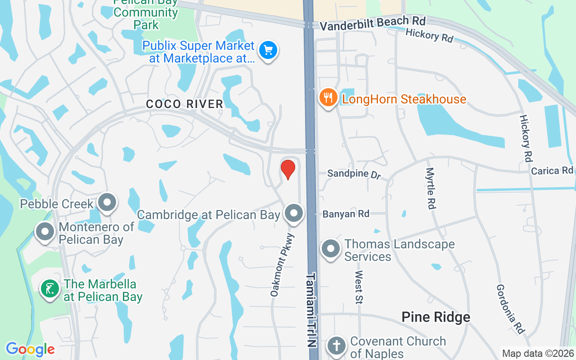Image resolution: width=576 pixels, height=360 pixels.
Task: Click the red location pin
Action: [x=288, y=169]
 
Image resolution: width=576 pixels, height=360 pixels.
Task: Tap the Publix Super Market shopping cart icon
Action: [x=268, y=50]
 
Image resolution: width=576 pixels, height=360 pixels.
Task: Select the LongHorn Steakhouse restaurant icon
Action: [x=328, y=97]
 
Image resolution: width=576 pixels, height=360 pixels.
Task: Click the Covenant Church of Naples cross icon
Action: [x=336, y=346]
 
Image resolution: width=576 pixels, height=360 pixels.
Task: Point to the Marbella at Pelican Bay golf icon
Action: [x=50, y=288]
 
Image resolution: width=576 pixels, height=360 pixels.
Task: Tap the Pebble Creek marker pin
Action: [x=107, y=202]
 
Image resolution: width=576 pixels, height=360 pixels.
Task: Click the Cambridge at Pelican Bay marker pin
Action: [x=294, y=213]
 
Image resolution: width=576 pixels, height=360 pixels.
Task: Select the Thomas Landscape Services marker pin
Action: [x=331, y=248]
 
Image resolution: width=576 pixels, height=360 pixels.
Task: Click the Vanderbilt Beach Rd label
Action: [x=373, y=23]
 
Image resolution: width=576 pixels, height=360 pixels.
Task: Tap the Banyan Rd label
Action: [x=346, y=214]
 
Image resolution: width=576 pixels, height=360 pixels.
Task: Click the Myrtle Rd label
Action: [x=430, y=188]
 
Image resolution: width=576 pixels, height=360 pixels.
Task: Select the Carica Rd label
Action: [x=552, y=171]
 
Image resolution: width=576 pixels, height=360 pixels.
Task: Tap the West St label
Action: [x=359, y=287]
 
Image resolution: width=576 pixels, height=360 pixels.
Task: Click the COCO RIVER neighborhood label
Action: [x=184, y=104]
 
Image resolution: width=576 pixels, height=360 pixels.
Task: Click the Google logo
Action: [x=30, y=349]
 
